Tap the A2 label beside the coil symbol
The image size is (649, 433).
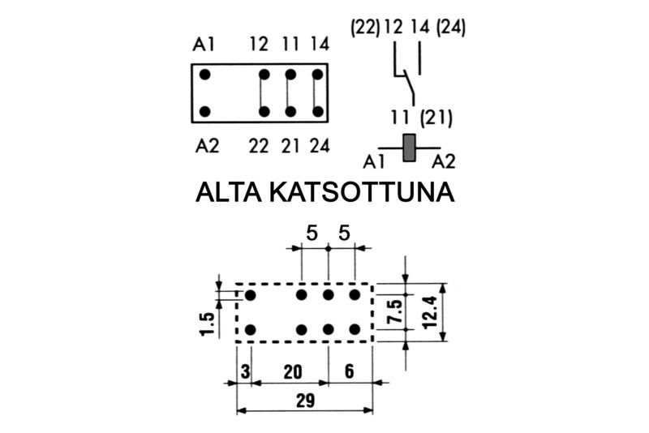point(443,161)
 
